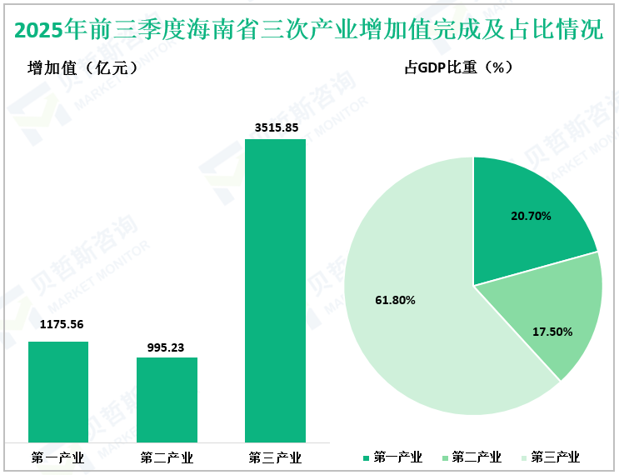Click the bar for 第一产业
tap(58, 391)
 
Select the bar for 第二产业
tap(167, 399)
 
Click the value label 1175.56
tap(59, 326)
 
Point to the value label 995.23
tap(167, 343)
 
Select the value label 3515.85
tap(276, 127)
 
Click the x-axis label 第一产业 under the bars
tap(57, 457)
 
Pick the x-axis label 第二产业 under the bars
tap(167, 457)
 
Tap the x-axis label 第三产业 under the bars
tap(275, 457)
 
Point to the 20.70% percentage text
tap(531, 216)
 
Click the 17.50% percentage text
tap(552, 332)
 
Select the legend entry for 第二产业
tap(471, 457)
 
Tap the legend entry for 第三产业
tap(550, 457)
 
